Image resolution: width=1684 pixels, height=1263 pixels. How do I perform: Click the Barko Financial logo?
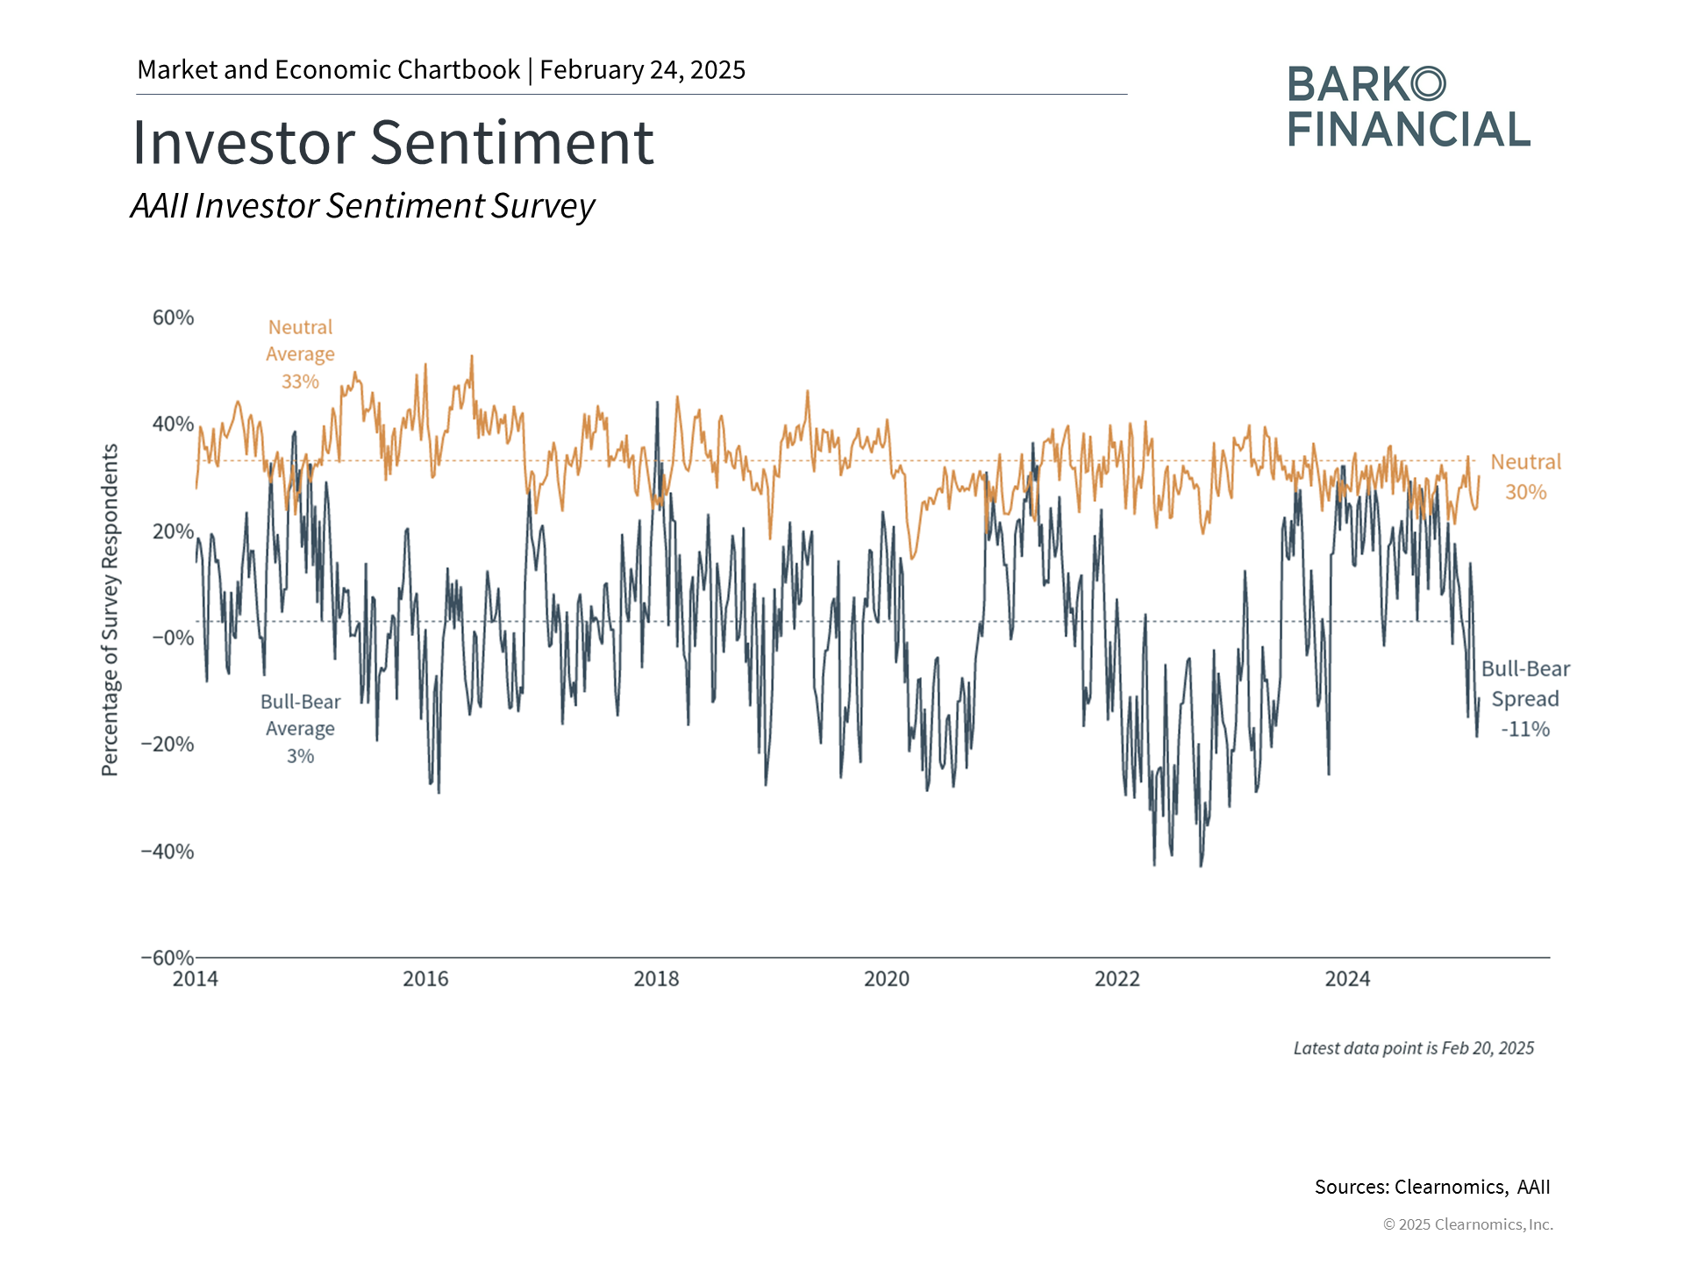pos(1409,106)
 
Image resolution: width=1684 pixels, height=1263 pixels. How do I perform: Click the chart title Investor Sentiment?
pos(393,142)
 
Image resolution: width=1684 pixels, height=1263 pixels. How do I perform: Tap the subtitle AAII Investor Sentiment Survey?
pos(362,206)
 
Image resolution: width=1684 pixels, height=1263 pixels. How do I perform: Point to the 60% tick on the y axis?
pos(173,318)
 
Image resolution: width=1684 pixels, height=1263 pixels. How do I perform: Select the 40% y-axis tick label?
pos(173,425)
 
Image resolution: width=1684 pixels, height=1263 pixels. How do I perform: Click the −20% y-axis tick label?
pos(168,745)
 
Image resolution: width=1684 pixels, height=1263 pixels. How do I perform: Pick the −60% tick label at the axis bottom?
pos(168,957)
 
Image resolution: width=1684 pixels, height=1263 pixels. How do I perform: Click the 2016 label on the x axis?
pos(425,979)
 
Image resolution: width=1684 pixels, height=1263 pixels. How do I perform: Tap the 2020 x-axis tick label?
pos(887,979)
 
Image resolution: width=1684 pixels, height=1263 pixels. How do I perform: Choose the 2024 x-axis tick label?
pos(1347,979)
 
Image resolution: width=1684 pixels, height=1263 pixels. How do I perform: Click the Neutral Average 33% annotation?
pos(300,354)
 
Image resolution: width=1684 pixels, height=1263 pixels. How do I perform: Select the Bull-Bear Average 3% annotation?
pos(300,729)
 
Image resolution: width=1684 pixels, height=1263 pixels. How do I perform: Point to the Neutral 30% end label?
pos(1525,477)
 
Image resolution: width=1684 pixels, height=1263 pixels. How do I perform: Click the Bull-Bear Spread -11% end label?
pos(1525,699)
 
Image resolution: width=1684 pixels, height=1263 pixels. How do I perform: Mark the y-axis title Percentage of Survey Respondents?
pos(110,610)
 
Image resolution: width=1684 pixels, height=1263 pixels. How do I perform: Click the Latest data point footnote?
pos(1413,1048)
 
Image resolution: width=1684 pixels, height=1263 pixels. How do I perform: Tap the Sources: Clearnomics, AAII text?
pos(1431,1187)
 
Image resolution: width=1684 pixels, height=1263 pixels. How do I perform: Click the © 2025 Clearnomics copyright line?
pos(1467,1224)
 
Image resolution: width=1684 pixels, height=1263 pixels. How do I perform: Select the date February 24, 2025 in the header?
pos(642,70)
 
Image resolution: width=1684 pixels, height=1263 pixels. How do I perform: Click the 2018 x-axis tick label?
pos(656,979)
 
